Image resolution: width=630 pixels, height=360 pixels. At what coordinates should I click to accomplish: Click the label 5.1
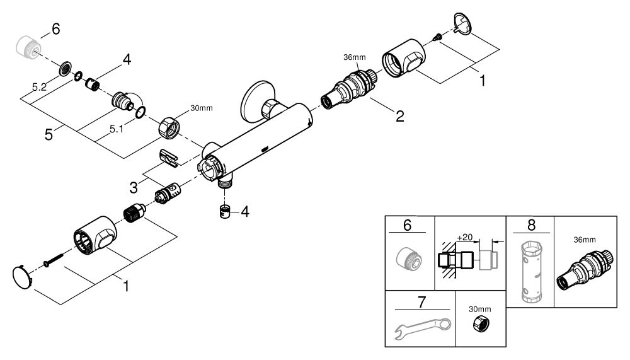[x=116, y=129]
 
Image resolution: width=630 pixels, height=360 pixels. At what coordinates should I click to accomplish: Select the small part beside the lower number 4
[x=225, y=211]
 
